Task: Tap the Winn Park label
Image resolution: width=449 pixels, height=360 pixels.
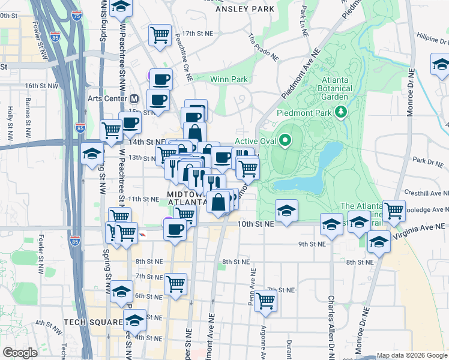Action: [x=229, y=79]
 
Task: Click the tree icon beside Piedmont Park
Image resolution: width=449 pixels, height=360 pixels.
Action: [x=341, y=112]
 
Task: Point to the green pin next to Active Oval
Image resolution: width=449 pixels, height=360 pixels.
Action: [x=285, y=141]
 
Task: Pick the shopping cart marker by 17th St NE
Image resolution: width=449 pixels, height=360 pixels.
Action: [x=160, y=35]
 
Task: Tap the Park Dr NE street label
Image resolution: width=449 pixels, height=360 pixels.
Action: [x=427, y=161]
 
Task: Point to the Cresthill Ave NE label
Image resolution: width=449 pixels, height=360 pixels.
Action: [x=427, y=194]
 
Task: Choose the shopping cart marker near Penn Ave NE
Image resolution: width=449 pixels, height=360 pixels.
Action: [x=265, y=301]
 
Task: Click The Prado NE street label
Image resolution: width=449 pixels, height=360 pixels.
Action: [x=264, y=47]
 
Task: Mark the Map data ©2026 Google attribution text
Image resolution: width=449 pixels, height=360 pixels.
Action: [x=411, y=355]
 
